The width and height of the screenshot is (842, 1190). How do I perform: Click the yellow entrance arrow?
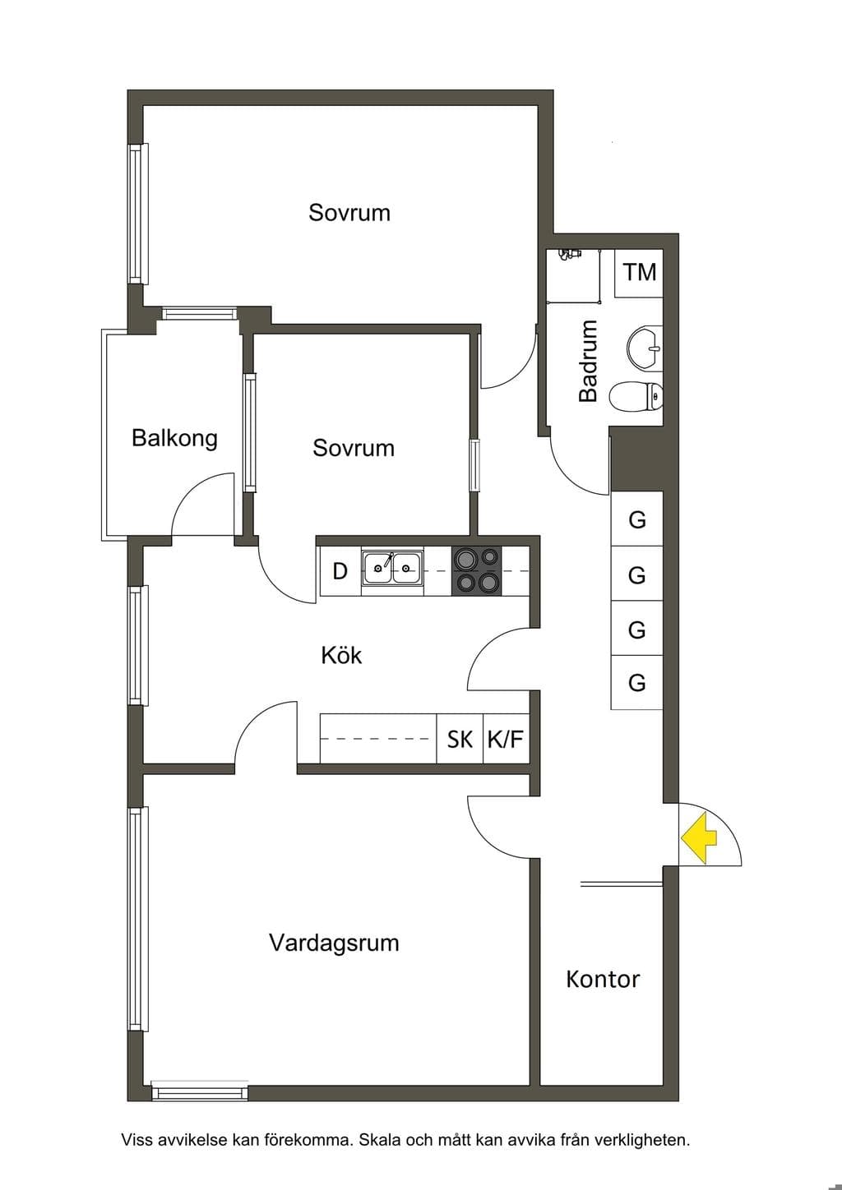point(699,837)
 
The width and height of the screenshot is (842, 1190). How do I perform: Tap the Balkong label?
point(174,439)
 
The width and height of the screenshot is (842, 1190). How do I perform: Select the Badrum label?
point(589,361)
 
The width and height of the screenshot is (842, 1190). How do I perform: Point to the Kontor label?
point(603,979)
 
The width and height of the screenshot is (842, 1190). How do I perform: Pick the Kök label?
point(341,655)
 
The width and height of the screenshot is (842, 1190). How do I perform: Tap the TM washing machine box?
point(639,273)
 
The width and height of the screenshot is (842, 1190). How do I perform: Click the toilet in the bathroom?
point(636,397)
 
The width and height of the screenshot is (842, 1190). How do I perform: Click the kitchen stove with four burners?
point(476,571)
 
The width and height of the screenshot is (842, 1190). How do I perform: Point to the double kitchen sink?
point(393,568)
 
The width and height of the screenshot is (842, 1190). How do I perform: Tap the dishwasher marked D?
point(340,571)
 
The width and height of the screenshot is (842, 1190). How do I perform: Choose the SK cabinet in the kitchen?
point(460,739)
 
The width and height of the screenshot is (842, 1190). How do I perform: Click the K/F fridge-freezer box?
point(506,739)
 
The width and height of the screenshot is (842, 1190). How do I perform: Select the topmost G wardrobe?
point(636,519)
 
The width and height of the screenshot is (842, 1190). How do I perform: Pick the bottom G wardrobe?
point(636,683)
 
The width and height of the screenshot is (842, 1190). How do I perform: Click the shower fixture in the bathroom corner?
point(566,255)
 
